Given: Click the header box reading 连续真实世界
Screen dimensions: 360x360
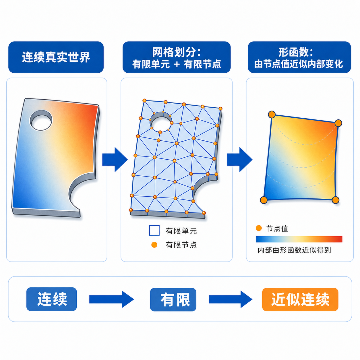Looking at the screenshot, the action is [x=56, y=57].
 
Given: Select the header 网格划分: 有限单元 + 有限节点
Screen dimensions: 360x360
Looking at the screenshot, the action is [x=177, y=57].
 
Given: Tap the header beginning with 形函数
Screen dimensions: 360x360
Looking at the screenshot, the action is [x=299, y=57].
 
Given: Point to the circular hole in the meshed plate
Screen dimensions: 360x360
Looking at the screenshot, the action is [x=161, y=122].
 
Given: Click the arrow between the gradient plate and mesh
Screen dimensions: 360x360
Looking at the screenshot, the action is [x=115, y=160].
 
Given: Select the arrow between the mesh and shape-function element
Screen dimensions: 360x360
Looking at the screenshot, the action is [x=240, y=160].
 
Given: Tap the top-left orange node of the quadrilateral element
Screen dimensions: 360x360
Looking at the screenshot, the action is [x=272, y=114].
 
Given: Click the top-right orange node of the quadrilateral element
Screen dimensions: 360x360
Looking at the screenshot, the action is [x=338, y=123].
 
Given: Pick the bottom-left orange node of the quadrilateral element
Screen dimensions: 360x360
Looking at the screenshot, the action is [x=264, y=200].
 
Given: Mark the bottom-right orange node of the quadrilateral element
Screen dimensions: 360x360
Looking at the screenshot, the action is [x=335, y=200].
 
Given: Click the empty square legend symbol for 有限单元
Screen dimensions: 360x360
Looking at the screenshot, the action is [x=154, y=231].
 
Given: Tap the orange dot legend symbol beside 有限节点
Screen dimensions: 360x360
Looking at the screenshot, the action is [x=154, y=245].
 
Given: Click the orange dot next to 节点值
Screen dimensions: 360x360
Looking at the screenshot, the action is [x=259, y=228].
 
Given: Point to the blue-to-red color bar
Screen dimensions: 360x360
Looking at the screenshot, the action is [x=299, y=239].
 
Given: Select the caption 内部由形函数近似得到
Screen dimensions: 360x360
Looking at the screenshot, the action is [x=294, y=250].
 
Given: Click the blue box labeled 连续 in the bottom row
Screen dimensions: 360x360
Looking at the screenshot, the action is [x=52, y=299].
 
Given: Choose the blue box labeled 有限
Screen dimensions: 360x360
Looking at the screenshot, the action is [x=173, y=300].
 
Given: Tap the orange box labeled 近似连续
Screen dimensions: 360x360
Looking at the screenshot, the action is [x=300, y=299].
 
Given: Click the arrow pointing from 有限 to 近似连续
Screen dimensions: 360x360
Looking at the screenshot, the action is [x=231, y=299].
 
